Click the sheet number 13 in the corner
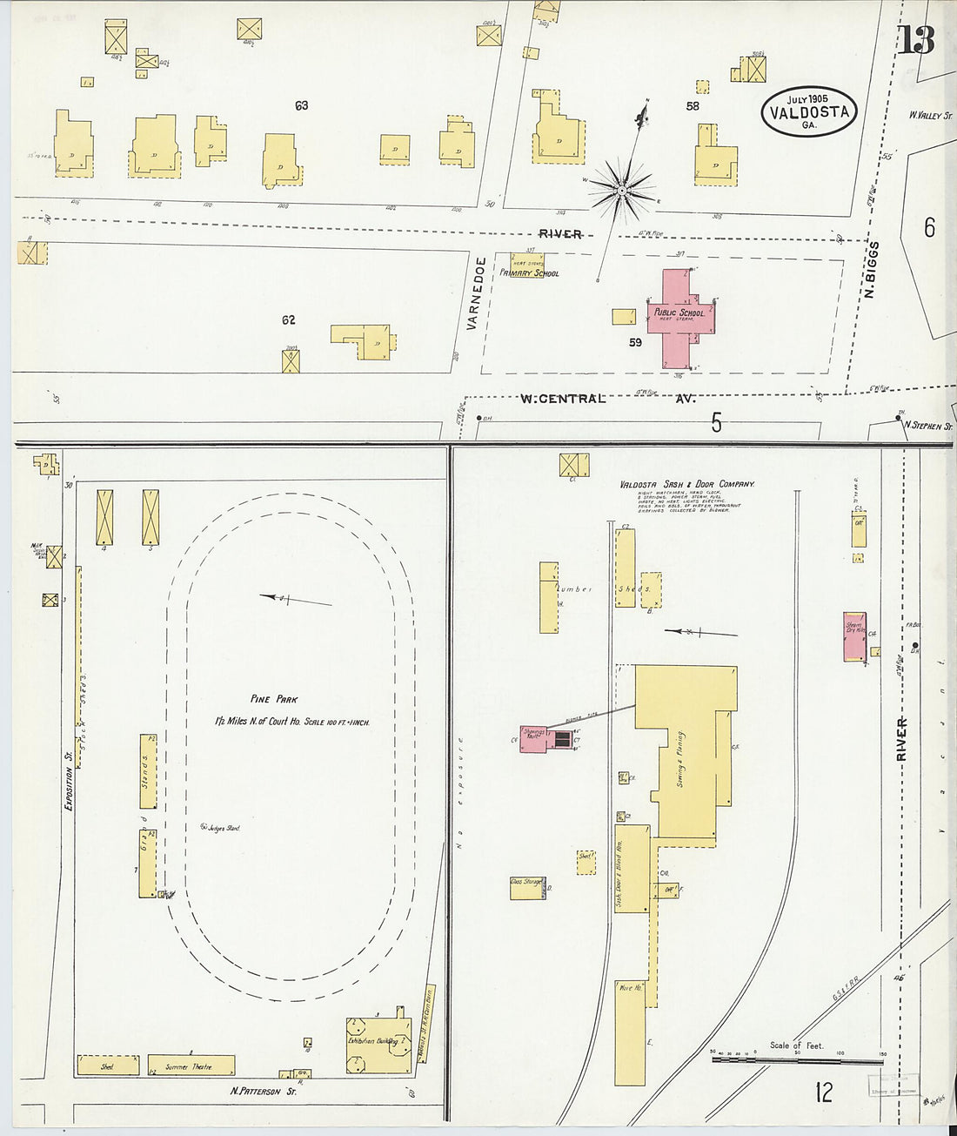tap(916, 39)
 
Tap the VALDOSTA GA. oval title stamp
tap(810, 111)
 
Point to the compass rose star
tap(622, 189)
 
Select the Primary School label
tap(529, 273)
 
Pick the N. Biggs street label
tap(872, 270)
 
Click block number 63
tap(301, 105)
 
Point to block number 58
tap(693, 106)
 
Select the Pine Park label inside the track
tap(274, 699)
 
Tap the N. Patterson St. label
tap(263, 1091)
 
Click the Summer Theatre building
tap(191, 1065)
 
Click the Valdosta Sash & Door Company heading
tap(686, 484)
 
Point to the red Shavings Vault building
tap(534, 738)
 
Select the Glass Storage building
tap(528, 887)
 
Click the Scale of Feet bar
tap(796, 1061)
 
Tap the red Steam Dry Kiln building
tap(854, 636)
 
